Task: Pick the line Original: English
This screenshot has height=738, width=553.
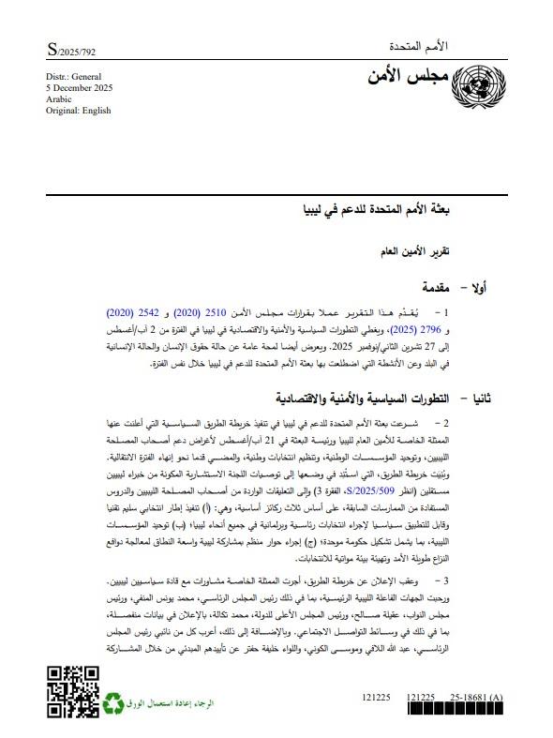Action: coord(78,111)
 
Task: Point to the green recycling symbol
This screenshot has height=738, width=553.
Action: coord(114,700)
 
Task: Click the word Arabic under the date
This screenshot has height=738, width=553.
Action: coord(59,98)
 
